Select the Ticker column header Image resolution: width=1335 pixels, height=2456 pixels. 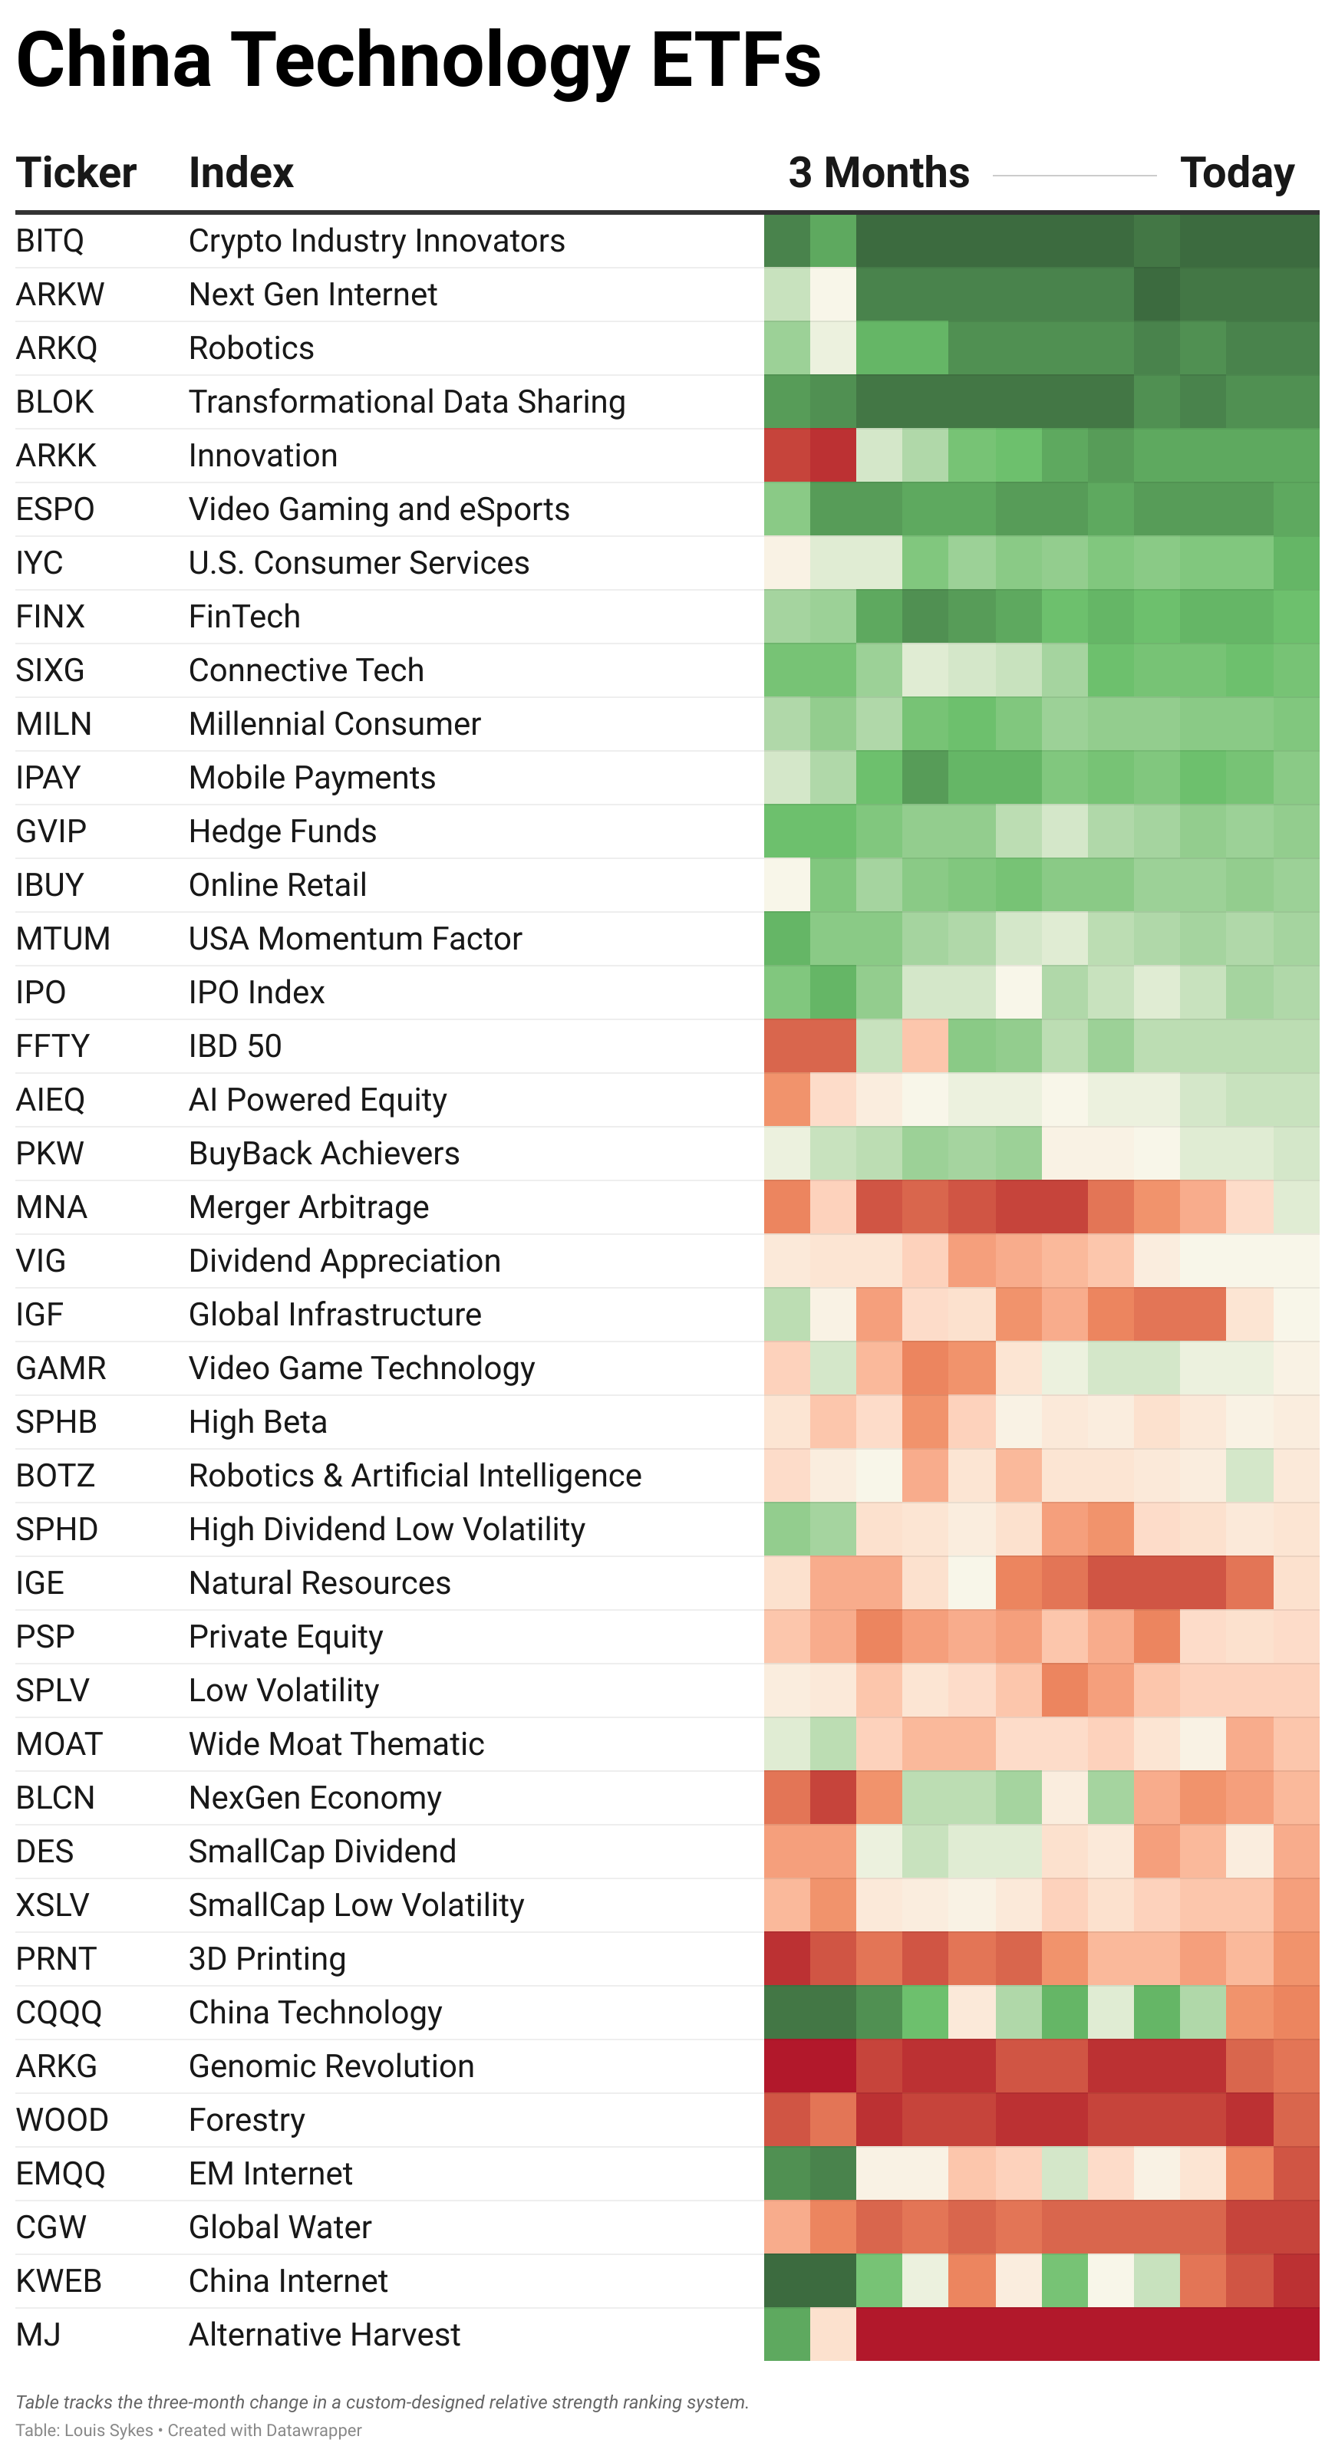pyautogui.click(x=76, y=173)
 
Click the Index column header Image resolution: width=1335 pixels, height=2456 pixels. pyautogui.click(x=241, y=173)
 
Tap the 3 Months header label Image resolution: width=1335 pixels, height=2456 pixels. pyautogui.click(x=878, y=173)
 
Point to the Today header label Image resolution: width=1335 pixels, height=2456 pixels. pyautogui.click(x=1237, y=173)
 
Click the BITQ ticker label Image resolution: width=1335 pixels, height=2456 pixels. pyautogui.click(x=50, y=241)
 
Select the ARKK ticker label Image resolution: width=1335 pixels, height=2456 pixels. pyautogui.click(x=56, y=456)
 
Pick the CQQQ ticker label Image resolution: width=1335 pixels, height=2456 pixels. pyautogui.click(x=59, y=2013)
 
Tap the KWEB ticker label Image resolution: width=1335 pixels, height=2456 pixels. pyautogui.click(x=59, y=2280)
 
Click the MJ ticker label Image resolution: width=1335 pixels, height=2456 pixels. pyautogui.click(x=38, y=2334)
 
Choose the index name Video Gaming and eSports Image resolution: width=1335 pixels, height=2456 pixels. pyautogui.click(x=378, y=509)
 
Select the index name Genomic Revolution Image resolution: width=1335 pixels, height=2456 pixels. pyautogui.click(x=331, y=2066)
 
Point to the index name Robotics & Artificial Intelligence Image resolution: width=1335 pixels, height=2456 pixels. pyautogui.click(x=415, y=1476)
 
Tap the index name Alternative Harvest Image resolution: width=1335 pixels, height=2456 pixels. pyautogui.click(x=325, y=2334)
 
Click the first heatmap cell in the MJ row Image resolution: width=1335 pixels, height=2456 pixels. pyautogui.click(x=786, y=2334)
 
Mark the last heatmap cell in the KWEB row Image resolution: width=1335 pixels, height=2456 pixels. pyautogui.click(x=1296, y=2280)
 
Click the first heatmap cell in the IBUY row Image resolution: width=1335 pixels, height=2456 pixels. pyautogui.click(x=786, y=885)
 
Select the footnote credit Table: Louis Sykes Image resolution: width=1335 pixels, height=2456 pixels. pyautogui.click(x=84, y=2430)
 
